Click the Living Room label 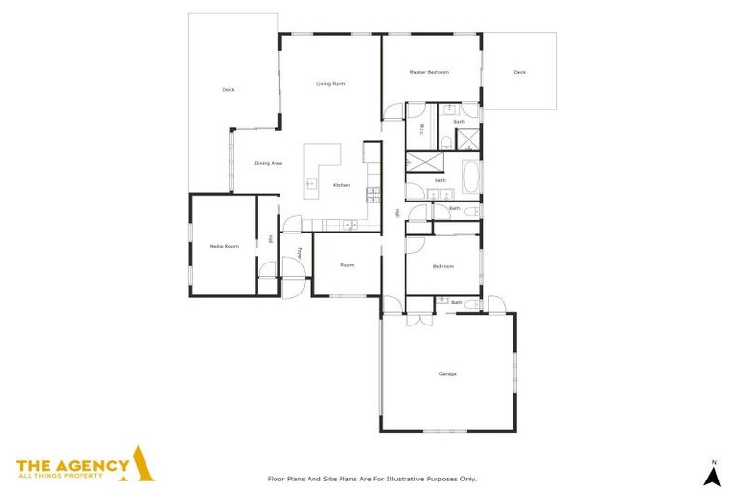coord(331,84)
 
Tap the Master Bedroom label coord(429,72)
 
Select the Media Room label coord(223,247)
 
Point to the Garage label coord(447,373)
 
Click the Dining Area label coord(269,163)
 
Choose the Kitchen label coord(341,185)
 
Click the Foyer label coord(300,253)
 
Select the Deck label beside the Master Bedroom coord(520,72)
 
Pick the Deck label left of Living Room coord(228,90)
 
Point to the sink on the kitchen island coord(310,181)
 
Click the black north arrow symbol coord(712,476)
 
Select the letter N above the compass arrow coord(712,460)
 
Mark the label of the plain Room coord(347,265)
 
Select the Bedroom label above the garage coord(442,266)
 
